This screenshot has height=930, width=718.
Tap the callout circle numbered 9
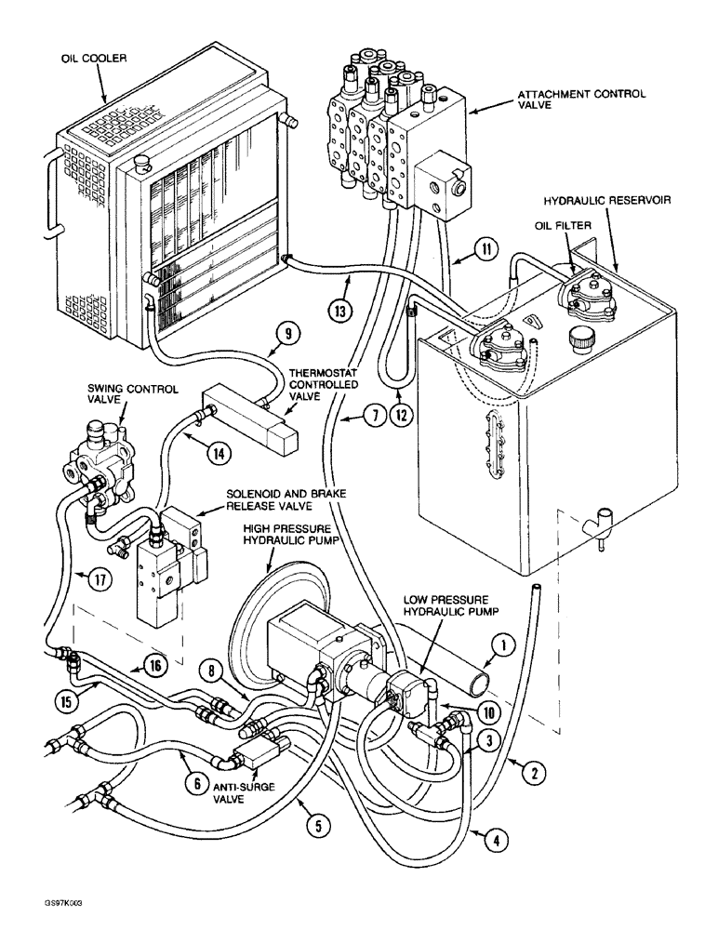pos(287,331)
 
